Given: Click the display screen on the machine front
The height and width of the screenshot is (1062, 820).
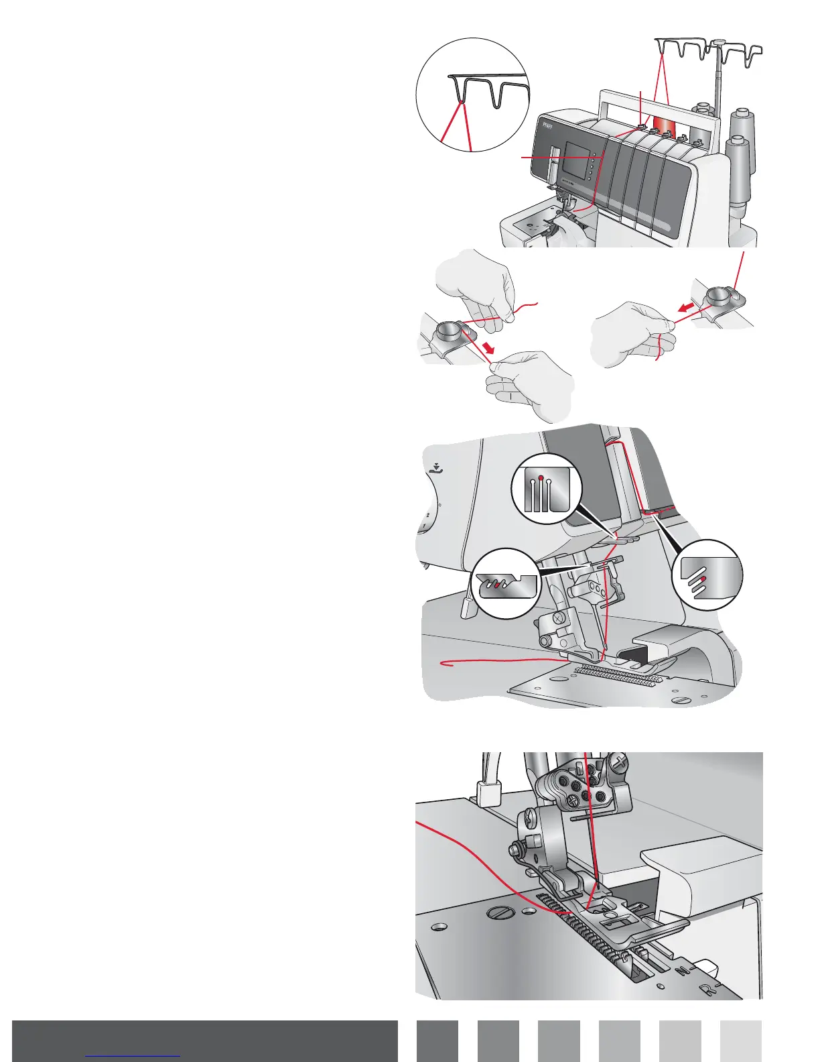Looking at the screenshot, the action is (x=575, y=160).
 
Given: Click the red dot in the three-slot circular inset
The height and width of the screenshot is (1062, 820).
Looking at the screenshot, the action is (x=541, y=479).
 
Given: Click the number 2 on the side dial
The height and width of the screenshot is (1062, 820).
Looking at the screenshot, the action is (x=428, y=515).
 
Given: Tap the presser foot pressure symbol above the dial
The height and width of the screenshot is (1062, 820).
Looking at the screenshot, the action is (x=437, y=468).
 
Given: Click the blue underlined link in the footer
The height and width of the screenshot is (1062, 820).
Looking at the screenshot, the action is (x=133, y=1055).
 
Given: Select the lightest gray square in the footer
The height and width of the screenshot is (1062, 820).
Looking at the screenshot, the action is (x=741, y=1041).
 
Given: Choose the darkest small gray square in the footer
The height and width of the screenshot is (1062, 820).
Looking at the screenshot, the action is (x=437, y=1041).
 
